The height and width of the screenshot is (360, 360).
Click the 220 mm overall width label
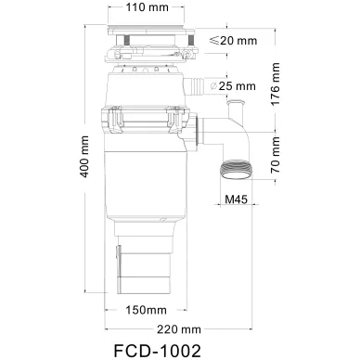point(179,328)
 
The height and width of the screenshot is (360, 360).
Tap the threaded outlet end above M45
point(238,171)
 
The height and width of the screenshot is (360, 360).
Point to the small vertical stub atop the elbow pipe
point(235,114)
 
